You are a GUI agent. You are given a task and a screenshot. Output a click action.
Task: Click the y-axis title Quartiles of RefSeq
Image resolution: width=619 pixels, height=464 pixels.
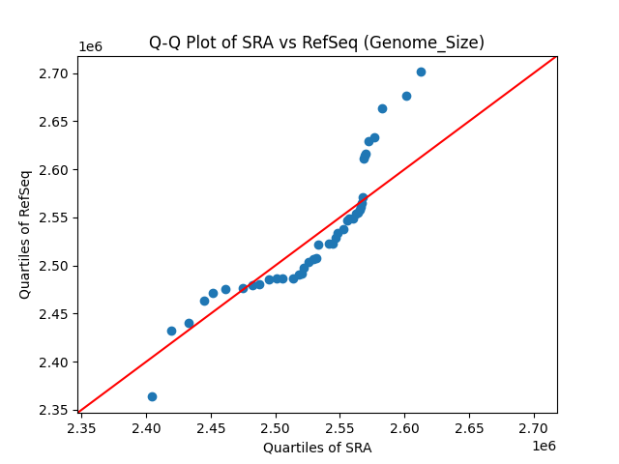point(25,234)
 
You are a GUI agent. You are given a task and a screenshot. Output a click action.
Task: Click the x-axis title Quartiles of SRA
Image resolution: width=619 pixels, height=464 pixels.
point(317,448)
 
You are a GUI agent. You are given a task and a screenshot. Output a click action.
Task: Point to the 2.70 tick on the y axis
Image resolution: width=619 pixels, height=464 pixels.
point(57,73)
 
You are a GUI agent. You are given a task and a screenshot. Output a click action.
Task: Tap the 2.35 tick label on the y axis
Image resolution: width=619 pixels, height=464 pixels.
point(57,411)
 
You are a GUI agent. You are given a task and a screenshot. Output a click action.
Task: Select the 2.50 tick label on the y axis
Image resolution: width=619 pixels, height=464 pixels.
point(57,266)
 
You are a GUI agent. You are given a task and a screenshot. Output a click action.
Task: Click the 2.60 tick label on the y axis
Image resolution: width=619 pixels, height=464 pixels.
point(57,170)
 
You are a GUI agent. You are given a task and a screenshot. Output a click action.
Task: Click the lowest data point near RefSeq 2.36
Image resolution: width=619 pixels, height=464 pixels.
point(152,396)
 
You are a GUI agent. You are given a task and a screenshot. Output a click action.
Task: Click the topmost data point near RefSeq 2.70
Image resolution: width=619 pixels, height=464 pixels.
point(421,72)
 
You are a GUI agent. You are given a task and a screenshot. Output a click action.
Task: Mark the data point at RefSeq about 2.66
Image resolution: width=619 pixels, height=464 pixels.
point(382,108)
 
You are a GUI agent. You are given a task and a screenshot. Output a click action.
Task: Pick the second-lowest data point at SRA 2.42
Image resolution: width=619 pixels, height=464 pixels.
point(171,331)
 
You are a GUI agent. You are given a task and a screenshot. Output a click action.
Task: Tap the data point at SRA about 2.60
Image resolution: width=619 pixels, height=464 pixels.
point(406,96)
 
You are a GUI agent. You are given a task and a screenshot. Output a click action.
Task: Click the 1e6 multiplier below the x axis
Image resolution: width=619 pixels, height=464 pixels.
point(545,446)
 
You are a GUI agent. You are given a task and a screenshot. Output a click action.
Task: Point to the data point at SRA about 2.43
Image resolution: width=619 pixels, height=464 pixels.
point(189,323)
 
